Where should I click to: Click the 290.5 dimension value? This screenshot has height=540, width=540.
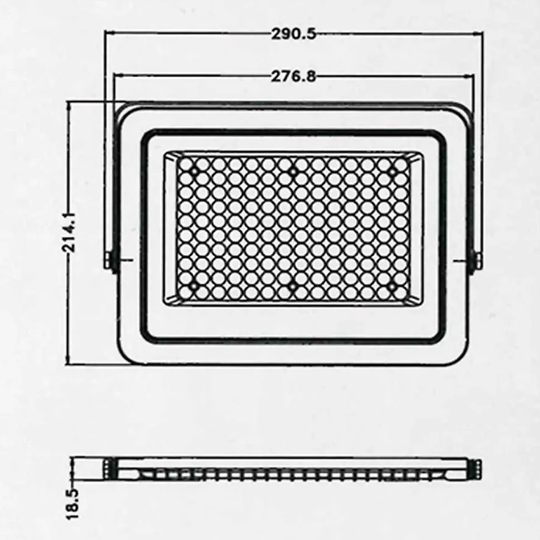(x=293, y=34)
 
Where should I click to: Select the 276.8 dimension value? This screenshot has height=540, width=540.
(x=293, y=76)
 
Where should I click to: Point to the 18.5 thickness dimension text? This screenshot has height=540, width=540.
(x=72, y=503)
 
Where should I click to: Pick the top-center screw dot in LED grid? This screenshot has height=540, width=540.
(x=293, y=171)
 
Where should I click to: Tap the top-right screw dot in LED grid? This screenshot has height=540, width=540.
(x=392, y=171)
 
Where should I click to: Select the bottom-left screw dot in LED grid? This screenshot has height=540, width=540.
(x=193, y=286)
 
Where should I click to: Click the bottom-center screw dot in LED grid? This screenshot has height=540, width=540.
(x=292, y=286)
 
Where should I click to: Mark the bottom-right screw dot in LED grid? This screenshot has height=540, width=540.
(x=392, y=286)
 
